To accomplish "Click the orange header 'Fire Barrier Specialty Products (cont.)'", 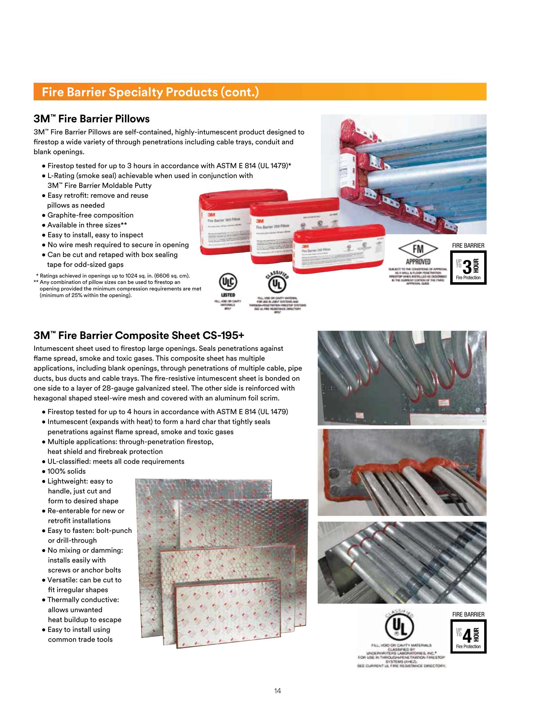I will (150, 92).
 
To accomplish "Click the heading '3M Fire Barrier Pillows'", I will (92, 119).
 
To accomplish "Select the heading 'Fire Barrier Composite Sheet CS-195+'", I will (139, 335).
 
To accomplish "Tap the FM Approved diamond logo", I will (418, 249).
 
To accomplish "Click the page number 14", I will (277, 691).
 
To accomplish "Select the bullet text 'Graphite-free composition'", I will (90, 215).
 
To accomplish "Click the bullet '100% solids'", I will (66, 471).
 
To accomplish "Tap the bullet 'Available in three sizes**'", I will (87, 225).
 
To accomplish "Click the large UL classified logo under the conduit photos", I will (399, 627).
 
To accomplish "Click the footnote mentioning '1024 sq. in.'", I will (113, 276).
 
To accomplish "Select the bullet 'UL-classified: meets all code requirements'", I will (116, 461).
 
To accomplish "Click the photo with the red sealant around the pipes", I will (402, 472).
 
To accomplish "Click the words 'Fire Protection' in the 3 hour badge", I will (468, 278).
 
